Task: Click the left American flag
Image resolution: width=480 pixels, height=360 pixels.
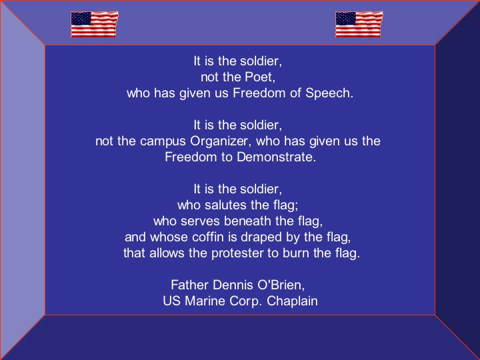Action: coord(94,24)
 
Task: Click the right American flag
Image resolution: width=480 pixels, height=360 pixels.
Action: coord(359,24)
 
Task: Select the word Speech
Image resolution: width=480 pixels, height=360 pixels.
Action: coord(329,93)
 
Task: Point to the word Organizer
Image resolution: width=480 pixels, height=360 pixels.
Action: coord(221,141)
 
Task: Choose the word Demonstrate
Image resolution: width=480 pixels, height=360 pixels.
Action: coord(276,157)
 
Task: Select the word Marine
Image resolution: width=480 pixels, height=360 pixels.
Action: coord(205,301)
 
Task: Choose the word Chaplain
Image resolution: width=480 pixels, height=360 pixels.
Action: coord(292,301)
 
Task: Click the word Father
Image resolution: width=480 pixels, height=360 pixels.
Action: coord(190,285)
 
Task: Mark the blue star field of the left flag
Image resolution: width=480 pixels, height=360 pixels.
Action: coord(81,19)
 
